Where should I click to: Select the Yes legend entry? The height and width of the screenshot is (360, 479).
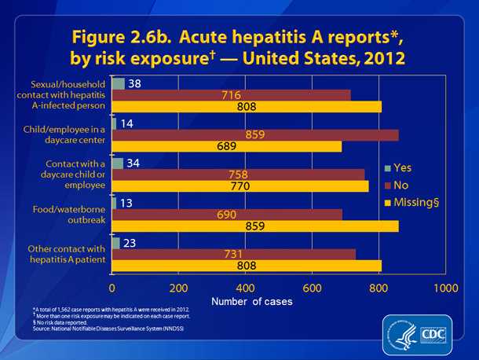[x=398, y=167]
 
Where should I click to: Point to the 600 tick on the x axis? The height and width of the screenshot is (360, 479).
[x=313, y=286]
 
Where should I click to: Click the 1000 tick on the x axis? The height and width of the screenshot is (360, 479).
[x=446, y=286]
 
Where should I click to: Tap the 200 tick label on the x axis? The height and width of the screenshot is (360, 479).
[x=179, y=286]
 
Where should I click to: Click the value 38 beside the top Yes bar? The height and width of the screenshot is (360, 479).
[x=134, y=83]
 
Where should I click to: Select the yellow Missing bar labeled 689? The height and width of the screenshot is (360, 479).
[x=227, y=146]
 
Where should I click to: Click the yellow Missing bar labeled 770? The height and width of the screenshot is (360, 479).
[x=240, y=186]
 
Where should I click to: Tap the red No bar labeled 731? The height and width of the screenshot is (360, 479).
[x=234, y=254]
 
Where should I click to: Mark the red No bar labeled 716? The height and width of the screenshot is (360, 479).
[x=232, y=95]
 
